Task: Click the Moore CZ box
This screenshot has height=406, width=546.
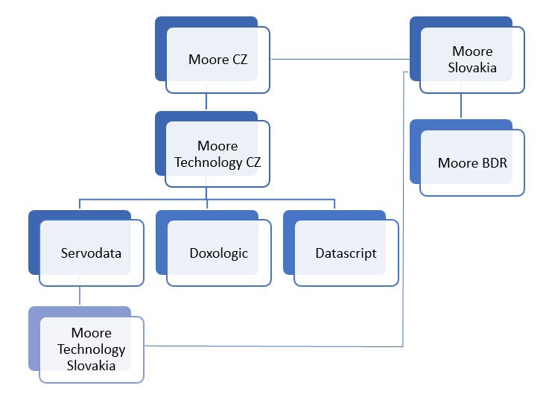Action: pyautogui.click(x=218, y=60)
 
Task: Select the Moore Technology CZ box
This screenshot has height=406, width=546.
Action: pyautogui.click(x=218, y=153)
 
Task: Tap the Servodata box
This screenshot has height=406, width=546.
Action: pyautogui.click(x=90, y=253)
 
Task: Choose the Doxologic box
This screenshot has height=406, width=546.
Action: pyautogui.click(x=218, y=253)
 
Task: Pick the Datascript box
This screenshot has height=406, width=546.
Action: pyautogui.click(x=346, y=253)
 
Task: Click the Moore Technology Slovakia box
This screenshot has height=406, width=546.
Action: pyautogui.click(x=91, y=349)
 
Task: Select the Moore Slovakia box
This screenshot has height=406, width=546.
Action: pyautogui.click(x=472, y=60)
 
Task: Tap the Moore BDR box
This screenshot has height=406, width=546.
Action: pyautogui.click(x=472, y=162)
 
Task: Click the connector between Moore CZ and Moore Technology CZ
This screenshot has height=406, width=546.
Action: pyautogui.click(x=206, y=102)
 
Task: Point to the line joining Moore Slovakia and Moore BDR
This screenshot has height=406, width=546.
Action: pyautogui.click(x=461, y=106)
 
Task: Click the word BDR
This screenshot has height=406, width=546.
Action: pyautogui.click(x=493, y=162)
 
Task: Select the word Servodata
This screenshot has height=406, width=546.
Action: pyautogui.click(x=91, y=253)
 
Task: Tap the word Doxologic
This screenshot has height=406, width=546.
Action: pyautogui.click(x=218, y=253)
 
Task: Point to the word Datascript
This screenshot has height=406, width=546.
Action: pyautogui.click(x=346, y=253)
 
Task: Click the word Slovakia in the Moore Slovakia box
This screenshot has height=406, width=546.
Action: pyautogui.click(x=472, y=69)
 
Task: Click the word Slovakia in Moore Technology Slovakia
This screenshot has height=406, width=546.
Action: pyautogui.click(x=91, y=365)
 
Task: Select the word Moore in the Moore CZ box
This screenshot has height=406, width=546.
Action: pyautogui.click(x=204, y=60)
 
